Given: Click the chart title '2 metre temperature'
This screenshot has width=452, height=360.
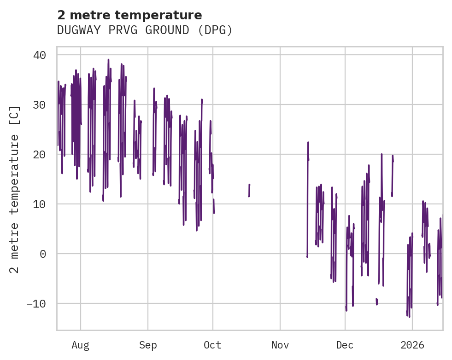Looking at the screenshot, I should tap(129, 15).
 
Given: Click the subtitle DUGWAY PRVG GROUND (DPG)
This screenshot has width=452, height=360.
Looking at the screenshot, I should tap(145, 30).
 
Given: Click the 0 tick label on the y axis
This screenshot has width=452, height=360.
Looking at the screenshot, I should tap(43, 254).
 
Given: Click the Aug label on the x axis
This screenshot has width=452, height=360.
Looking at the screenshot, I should tap(81, 345).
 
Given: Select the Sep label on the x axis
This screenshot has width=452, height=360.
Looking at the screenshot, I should tap(148, 345).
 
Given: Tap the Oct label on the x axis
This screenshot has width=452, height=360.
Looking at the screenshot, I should tap(213, 345).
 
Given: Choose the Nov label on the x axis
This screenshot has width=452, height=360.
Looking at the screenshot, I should tap(280, 345).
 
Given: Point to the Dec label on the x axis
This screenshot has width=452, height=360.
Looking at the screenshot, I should tap(345, 345).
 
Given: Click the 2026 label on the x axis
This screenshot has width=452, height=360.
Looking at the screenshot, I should tap(412, 345).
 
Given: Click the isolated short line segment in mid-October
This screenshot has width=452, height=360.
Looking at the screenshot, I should tap(249, 190).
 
